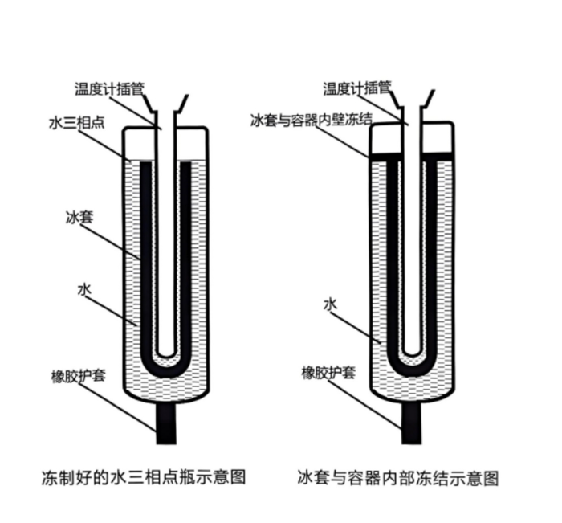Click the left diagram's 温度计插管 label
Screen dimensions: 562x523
tap(110, 88)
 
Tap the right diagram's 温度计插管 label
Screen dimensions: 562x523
tap(357, 88)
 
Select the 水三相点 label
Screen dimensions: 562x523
tap(77, 123)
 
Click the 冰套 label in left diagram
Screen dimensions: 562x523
tap(79, 218)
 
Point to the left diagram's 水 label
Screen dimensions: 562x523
tap(84, 290)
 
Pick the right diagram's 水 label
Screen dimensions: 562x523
tap(331, 304)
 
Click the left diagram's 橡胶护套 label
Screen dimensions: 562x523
tap(79, 376)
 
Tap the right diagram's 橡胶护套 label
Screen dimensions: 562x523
tap(328, 373)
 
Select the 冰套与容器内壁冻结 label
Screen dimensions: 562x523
tap(312, 121)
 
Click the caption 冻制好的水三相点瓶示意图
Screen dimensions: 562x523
tap(144, 477)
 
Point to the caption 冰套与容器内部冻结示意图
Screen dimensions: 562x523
tap(398, 478)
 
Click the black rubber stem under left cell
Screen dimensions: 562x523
tap(166, 423)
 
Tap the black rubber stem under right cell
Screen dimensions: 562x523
tap(412, 423)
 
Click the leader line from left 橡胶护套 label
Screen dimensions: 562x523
tap(117, 407)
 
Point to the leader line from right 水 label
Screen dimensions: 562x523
tap(356, 327)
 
